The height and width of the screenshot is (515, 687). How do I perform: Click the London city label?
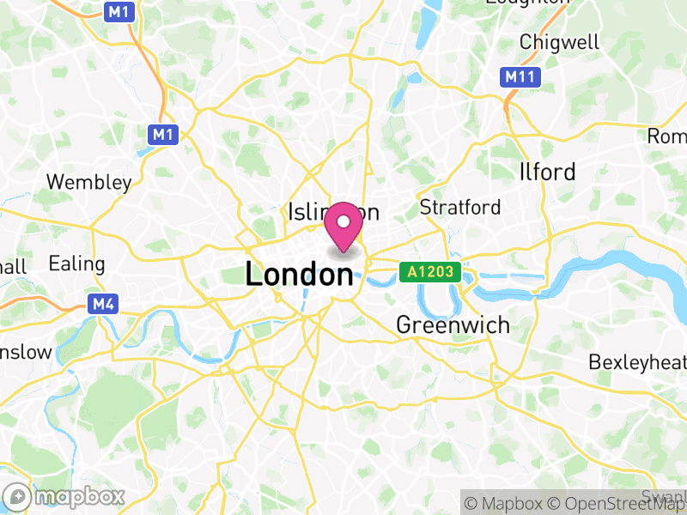(299, 275)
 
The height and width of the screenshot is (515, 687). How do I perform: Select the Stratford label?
(459, 207)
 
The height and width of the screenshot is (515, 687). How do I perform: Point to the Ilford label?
(547, 172)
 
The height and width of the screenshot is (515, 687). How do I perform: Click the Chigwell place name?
(559, 41)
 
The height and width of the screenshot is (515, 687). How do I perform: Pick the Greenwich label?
(453, 325)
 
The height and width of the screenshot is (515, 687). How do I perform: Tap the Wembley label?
(89, 182)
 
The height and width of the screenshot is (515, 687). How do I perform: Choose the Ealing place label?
(76, 263)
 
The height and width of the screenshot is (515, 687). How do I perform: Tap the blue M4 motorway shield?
(102, 304)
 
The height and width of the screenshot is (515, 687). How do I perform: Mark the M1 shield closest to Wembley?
(162, 134)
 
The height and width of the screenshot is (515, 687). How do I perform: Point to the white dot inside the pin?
(344, 221)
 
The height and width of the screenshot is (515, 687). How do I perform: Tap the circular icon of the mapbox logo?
(17, 497)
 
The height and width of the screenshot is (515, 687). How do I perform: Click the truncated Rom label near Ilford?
(667, 136)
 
